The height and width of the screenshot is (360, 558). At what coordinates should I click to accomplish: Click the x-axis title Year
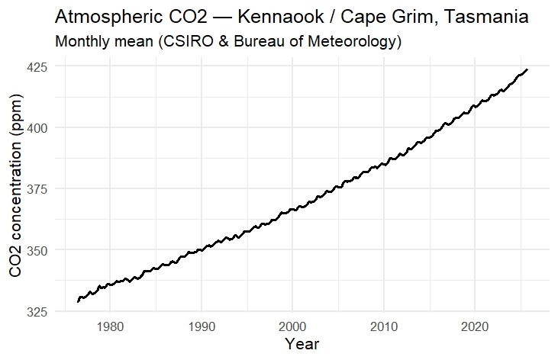(x=302, y=345)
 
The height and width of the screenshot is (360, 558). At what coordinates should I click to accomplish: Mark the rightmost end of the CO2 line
(x=527, y=69)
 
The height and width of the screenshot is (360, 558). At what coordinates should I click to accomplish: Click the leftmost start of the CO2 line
(x=78, y=302)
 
